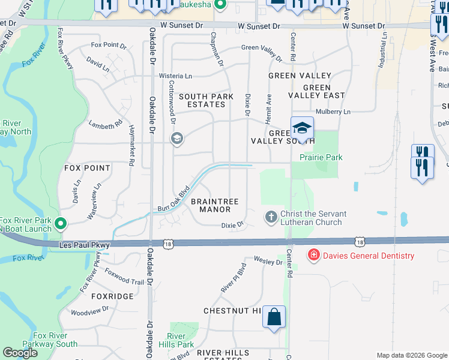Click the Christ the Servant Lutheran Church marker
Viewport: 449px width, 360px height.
(271, 217)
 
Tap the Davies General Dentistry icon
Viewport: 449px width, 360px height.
(313, 256)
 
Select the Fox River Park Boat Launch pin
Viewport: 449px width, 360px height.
(60, 224)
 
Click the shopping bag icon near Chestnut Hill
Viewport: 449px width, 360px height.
(274, 317)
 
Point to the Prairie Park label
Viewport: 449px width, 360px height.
(321, 157)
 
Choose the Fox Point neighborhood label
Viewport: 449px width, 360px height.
(87, 169)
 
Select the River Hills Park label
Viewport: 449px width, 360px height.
(180, 340)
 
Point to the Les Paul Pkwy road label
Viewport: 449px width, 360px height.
(86, 245)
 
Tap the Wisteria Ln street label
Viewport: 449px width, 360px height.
(175, 76)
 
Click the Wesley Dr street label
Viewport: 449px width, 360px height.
(268, 260)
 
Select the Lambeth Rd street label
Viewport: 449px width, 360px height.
(106, 125)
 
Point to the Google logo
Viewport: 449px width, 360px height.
(20, 353)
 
